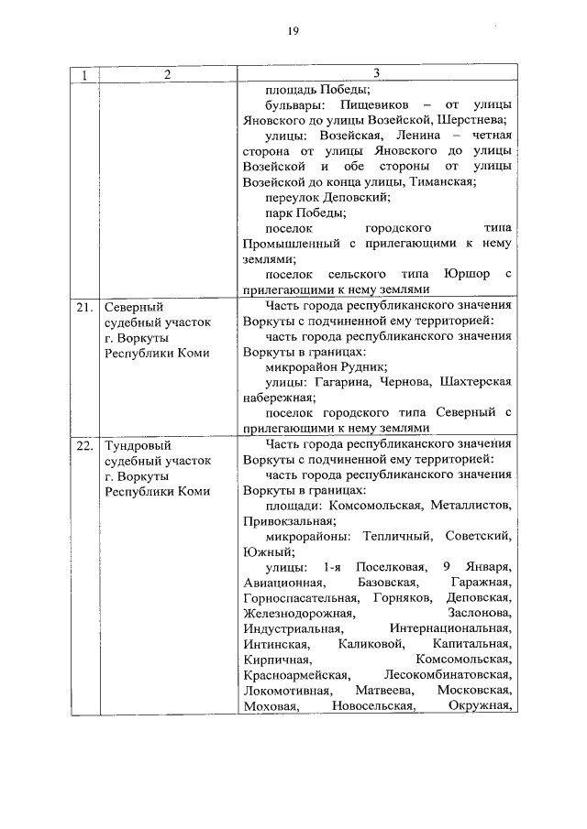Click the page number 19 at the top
(x=292, y=31)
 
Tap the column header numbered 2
(x=167, y=75)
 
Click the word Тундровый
(x=136, y=445)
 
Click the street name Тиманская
(x=443, y=181)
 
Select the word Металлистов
(x=471, y=506)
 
